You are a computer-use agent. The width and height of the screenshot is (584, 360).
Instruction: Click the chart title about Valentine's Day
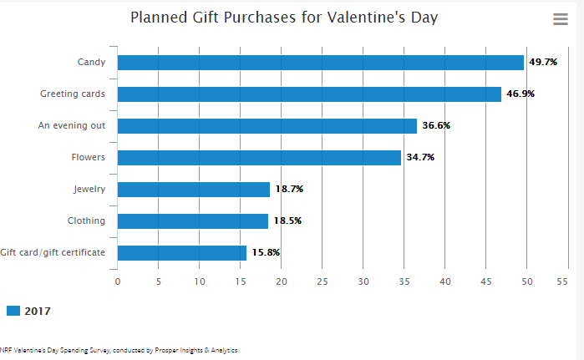[284, 18]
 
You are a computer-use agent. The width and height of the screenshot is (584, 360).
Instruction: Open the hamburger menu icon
[561, 19]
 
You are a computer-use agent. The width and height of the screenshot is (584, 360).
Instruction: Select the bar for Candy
[321, 63]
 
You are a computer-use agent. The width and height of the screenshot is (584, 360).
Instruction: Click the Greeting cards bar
[309, 94]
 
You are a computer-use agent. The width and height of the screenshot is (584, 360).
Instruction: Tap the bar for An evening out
[267, 126]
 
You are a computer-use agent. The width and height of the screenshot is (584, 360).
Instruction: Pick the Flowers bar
[259, 158]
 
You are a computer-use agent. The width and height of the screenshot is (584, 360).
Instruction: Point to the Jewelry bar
[194, 190]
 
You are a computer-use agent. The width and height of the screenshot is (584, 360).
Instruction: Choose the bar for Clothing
[193, 221]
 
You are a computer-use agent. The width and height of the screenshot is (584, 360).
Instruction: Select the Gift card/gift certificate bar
[182, 253]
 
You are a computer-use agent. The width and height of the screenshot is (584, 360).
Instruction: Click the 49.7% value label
[543, 63]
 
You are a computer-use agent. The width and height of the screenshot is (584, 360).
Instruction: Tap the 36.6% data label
[436, 126]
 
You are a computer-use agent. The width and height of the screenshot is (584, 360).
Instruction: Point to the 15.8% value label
[266, 253]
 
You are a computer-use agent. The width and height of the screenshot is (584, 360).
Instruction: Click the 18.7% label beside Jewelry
[288, 190]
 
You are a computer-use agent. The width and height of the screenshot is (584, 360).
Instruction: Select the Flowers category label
[89, 157]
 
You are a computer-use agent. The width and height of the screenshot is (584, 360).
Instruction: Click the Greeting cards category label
[73, 94]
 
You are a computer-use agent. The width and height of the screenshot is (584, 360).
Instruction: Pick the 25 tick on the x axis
[322, 281]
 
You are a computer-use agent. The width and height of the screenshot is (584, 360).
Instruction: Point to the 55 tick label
[567, 281]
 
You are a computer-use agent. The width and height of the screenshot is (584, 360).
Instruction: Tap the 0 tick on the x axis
[118, 281]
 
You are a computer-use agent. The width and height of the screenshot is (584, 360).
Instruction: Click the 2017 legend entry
[28, 311]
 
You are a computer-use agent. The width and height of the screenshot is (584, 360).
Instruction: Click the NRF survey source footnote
[119, 351]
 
